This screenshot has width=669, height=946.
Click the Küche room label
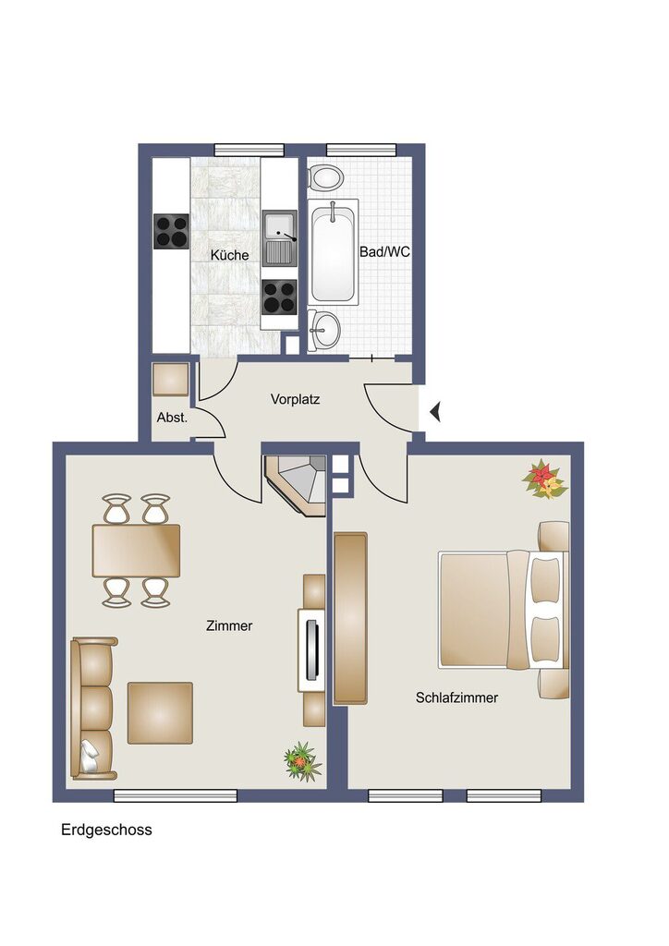click(x=229, y=255)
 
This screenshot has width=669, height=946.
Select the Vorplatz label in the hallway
click(x=295, y=400)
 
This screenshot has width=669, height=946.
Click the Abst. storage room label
click(x=172, y=418)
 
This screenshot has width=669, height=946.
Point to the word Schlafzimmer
click(x=456, y=697)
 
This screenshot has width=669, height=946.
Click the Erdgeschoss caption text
click(x=106, y=830)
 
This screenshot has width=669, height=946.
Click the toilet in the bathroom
click(x=324, y=177)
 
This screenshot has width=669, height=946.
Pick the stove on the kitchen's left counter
click(x=171, y=231)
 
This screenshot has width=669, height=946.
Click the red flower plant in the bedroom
click(x=544, y=479)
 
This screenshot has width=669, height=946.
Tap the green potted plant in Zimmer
click(x=301, y=761)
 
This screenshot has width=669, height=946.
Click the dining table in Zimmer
click(x=136, y=550)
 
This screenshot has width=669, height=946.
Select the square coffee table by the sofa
click(x=160, y=712)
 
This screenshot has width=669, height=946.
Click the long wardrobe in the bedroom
click(x=350, y=617)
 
